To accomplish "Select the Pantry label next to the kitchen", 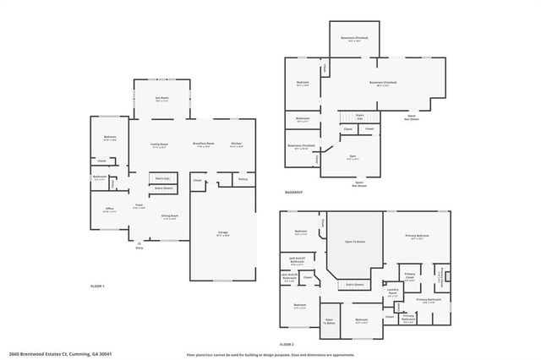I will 243,179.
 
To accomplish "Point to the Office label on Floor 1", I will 109,209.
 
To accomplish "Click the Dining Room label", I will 170,216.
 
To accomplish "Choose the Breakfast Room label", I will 204,144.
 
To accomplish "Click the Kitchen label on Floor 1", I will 237,144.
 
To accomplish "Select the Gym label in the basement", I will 352,155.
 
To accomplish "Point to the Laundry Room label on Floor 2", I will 393,290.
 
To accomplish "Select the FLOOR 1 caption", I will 97,287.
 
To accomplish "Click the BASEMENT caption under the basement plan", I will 293,192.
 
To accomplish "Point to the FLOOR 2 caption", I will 287,344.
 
